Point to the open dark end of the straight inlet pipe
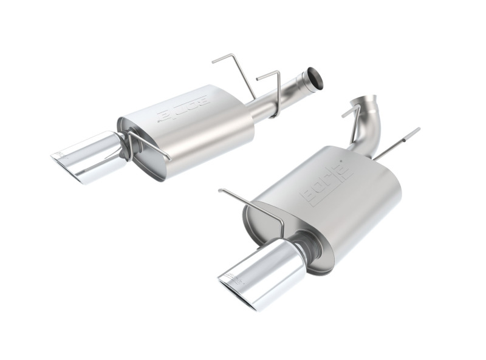pos(316,78)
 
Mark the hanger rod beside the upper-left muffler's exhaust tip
pos(146,146)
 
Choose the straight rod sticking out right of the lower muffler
pos(398,143)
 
